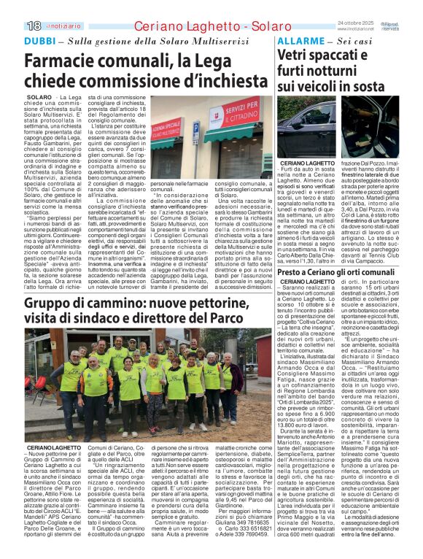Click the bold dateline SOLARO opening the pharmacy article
point(39,96)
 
